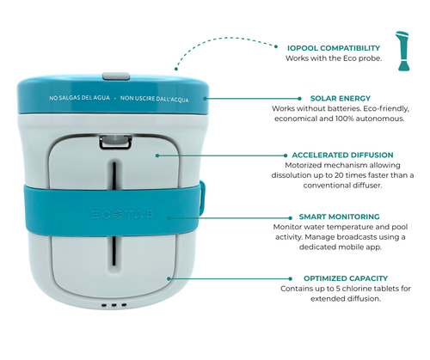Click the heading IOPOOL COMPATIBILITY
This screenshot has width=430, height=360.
click(x=334, y=48)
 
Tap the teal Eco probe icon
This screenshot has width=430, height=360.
click(x=402, y=51)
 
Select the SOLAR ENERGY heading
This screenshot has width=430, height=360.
click(x=341, y=98)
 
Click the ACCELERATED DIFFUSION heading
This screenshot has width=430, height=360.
click(x=342, y=155)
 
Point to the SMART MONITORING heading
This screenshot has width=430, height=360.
click(x=339, y=217)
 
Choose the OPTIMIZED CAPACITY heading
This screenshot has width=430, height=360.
click(x=346, y=278)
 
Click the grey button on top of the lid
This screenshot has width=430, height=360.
click(x=116, y=76)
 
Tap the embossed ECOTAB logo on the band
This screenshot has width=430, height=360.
click(x=122, y=214)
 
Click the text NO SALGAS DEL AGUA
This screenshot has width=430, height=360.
click(x=79, y=98)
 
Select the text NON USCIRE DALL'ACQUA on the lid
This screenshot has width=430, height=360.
click(x=154, y=99)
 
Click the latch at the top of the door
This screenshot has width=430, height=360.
click(x=115, y=143)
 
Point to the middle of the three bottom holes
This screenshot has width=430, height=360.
click(x=114, y=305)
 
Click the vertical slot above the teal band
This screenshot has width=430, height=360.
click(x=114, y=175)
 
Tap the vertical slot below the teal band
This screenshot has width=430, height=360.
click(x=114, y=251)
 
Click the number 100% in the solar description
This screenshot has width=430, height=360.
click(x=344, y=119)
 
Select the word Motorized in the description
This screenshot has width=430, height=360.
click(x=302, y=165)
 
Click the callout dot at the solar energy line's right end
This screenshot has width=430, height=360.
click(x=299, y=99)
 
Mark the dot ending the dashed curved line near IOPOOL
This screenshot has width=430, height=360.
click(x=276, y=46)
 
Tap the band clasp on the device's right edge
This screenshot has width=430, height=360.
click(x=203, y=194)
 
